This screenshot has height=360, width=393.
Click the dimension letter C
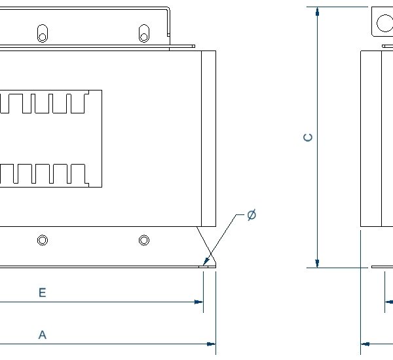coord(309,138)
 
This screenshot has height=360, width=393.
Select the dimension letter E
coord(42,293)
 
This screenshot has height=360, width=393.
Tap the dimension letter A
coord(42,335)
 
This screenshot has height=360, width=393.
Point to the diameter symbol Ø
coord(252,215)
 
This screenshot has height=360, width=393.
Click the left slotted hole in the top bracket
coord(43,33)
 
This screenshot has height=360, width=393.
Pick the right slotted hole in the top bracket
coord(143,33)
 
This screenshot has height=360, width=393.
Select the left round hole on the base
coord(43,241)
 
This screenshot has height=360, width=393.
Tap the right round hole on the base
coord(144,241)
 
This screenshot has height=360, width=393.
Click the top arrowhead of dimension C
coord(317,12)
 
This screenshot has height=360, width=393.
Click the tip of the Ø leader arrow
coord(206,264)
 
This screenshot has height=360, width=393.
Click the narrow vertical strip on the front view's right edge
coord(208,138)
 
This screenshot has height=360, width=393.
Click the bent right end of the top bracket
coord(169,26)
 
